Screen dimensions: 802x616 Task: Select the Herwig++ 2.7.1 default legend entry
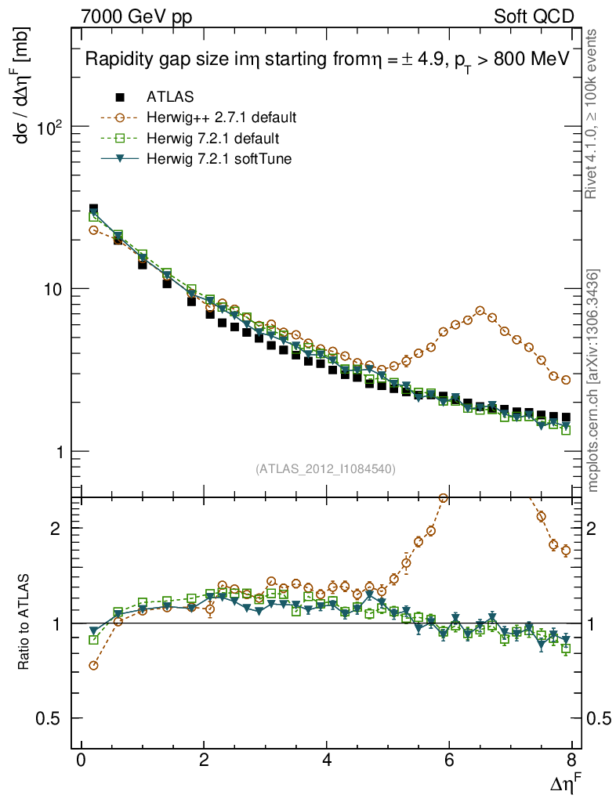(221, 118)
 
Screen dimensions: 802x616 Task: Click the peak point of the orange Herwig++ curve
(480, 310)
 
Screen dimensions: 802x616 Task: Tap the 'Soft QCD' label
(534, 16)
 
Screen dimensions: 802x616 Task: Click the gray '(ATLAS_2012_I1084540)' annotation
(325, 469)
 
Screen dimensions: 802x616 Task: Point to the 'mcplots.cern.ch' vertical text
(594, 381)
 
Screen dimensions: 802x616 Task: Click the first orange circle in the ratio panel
(94, 666)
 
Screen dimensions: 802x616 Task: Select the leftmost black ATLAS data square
(94, 209)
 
